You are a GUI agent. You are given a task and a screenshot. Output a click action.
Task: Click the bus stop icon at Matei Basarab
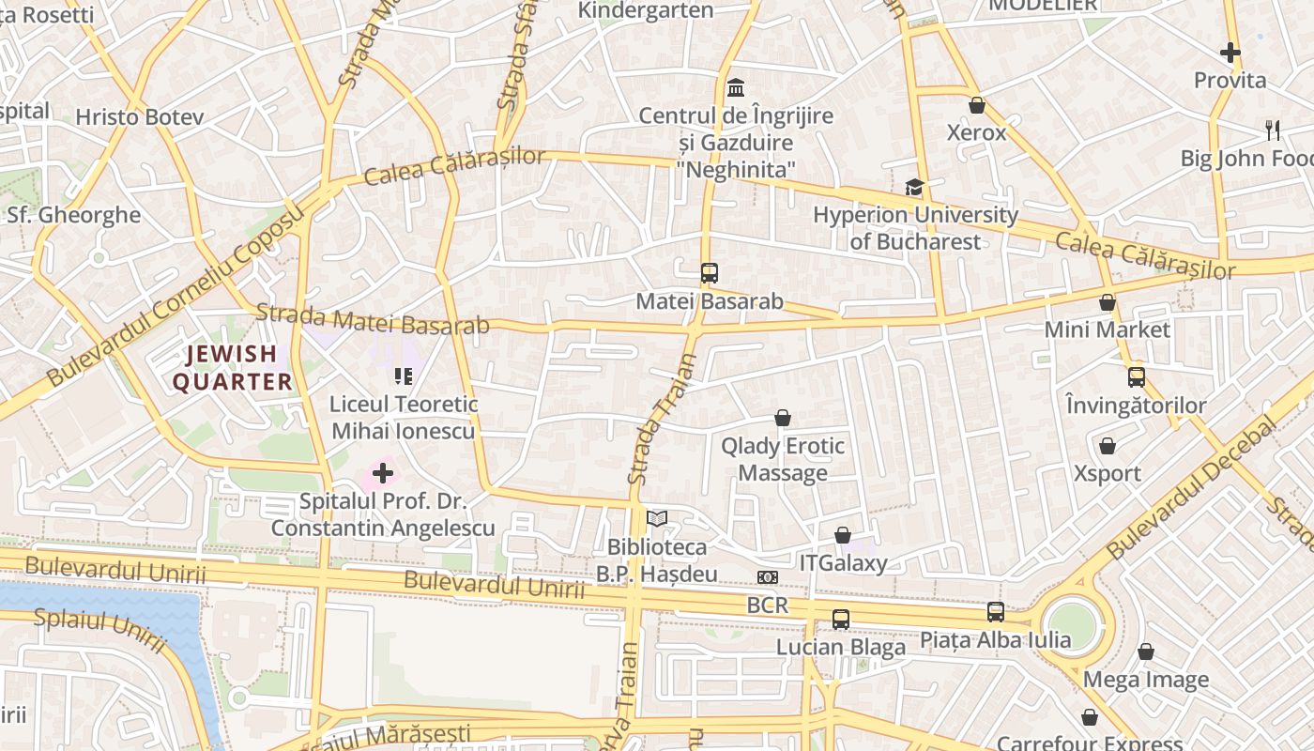[x=709, y=273]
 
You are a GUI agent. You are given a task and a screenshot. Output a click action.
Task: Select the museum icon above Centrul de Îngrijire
[x=736, y=87]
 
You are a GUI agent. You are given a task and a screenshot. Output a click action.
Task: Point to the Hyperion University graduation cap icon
[x=914, y=187]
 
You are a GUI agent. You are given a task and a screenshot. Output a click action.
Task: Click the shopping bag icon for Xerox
[x=976, y=105]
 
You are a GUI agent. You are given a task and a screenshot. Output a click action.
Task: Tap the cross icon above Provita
[x=1230, y=53]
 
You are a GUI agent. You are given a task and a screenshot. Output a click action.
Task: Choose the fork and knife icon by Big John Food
[x=1272, y=130]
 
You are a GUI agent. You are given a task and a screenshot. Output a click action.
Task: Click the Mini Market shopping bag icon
[x=1108, y=302]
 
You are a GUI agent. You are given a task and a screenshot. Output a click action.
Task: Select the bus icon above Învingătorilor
[x=1136, y=377]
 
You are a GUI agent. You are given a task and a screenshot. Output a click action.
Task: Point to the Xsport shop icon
[x=1108, y=446]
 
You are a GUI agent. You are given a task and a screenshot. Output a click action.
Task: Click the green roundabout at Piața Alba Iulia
[x=1072, y=624]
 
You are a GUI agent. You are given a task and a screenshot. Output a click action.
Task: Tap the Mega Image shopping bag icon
[x=1145, y=651]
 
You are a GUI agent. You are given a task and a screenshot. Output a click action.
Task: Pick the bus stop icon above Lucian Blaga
[x=840, y=620]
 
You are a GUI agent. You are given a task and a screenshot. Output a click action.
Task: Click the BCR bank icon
[x=768, y=577]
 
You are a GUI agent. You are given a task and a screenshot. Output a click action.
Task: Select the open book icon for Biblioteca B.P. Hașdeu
[x=657, y=518]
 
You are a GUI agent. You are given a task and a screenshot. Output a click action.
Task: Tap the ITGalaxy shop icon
[x=843, y=535]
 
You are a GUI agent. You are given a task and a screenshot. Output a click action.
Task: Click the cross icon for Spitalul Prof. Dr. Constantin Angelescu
[x=383, y=472]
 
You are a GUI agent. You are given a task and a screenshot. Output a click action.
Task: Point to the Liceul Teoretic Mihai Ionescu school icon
[x=404, y=376]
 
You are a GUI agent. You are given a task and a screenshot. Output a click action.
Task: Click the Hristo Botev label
[x=139, y=117]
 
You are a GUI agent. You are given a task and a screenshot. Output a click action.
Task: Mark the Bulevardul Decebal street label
[x=1192, y=488]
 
